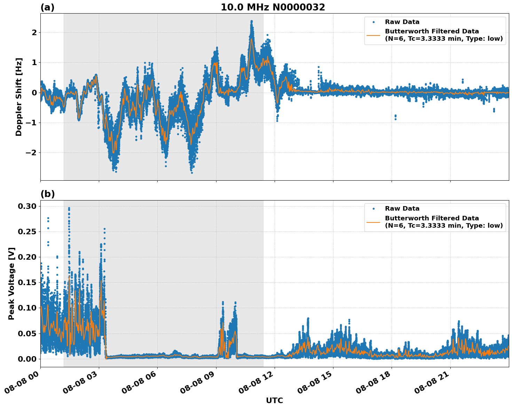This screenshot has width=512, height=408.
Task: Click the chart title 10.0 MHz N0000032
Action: click(x=273, y=7)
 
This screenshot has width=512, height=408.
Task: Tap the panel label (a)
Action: click(x=47, y=7)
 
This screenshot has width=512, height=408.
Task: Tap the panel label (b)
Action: click(x=47, y=194)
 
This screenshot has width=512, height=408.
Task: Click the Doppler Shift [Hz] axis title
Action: click(x=19, y=97)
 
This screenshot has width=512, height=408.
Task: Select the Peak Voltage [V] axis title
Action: click(x=11, y=283)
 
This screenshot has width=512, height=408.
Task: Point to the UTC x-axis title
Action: click(x=274, y=400)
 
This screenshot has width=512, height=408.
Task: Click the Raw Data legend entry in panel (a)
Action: click(x=402, y=22)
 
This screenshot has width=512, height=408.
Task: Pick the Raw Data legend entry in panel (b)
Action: click(x=402, y=209)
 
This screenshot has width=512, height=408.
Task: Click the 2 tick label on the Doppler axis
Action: click(x=34, y=32)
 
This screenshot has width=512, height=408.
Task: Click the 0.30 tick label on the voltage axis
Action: click(x=27, y=206)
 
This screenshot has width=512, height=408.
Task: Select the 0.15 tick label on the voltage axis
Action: click(x=27, y=282)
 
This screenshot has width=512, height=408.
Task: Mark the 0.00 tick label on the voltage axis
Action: click(x=27, y=359)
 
